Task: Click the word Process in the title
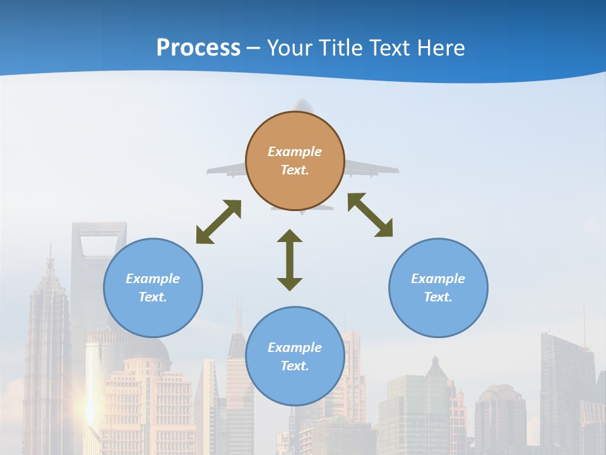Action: (x=198, y=48)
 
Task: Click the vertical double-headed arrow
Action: (x=290, y=260)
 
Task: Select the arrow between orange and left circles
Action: (x=218, y=222)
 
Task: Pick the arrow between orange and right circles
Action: (x=370, y=215)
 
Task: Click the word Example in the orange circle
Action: (x=295, y=152)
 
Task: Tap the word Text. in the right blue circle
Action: (x=438, y=297)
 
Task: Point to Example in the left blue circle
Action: (x=153, y=279)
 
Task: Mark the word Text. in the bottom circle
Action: (x=295, y=366)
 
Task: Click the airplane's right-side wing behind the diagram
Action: (x=372, y=168)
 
